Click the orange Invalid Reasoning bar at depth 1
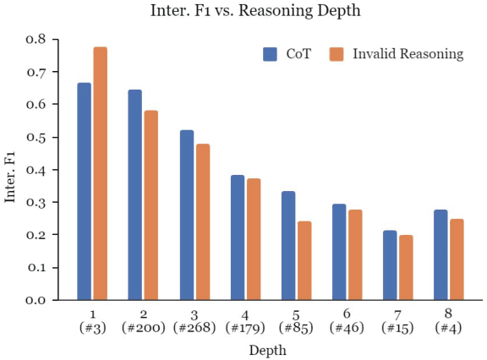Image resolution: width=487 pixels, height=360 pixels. click(101, 173)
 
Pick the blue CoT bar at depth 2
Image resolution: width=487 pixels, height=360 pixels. click(134, 194)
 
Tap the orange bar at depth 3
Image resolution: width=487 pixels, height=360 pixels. click(203, 222)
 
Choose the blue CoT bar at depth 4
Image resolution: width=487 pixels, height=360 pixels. click(237, 237)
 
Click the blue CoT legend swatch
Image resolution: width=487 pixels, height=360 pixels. click(271, 54)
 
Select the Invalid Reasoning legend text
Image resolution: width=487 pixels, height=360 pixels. click(408, 54)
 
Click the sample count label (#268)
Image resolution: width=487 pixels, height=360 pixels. click(194, 327)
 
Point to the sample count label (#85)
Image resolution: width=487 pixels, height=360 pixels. click(297, 327)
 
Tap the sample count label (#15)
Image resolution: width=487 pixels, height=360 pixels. click(398, 327)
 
